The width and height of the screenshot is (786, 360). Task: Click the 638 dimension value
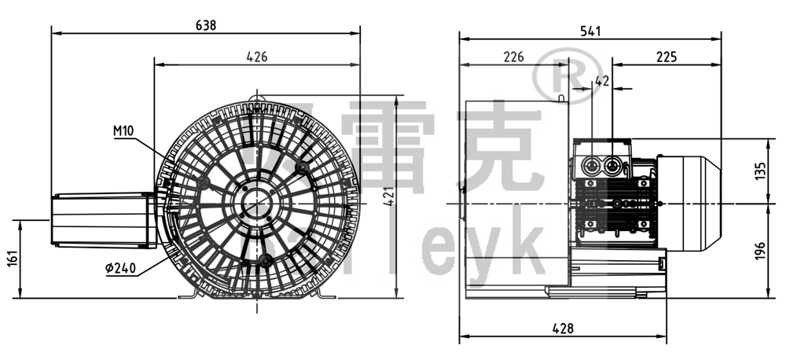click(x=205, y=24)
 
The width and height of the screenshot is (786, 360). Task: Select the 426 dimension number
click(x=257, y=56)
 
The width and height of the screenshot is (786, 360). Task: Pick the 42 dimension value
click(x=603, y=80)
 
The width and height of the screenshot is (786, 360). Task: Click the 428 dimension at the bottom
click(x=562, y=328)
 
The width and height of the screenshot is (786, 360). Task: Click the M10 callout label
click(x=123, y=131)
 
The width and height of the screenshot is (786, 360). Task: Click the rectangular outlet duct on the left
click(x=102, y=219)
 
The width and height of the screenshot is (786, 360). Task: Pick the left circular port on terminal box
click(x=591, y=165)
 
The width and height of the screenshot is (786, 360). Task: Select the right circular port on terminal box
click(x=612, y=165)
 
